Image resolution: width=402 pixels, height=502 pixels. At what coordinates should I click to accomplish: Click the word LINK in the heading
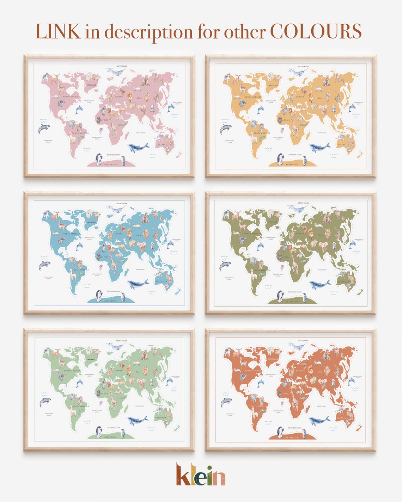[58, 31]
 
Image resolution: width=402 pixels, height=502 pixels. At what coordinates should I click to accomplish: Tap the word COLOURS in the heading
[316, 31]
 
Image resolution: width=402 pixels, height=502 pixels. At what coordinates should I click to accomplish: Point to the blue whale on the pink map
[138, 147]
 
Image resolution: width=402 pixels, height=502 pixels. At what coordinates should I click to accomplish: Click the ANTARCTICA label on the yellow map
[292, 164]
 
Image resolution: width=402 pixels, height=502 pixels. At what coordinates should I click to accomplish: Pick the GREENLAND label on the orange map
[273, 359]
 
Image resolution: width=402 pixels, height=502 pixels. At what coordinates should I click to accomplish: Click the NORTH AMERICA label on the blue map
[72, 234]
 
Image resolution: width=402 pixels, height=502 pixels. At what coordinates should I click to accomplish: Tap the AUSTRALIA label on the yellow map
[343, 144]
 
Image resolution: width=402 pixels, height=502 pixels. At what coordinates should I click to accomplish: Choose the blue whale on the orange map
[319, 420]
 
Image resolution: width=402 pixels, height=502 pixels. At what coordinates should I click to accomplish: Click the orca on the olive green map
[225, 266]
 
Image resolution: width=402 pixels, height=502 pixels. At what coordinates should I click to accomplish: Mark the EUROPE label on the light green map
[118, 371]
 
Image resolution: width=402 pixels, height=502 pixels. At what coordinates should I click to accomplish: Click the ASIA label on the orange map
[319, 372]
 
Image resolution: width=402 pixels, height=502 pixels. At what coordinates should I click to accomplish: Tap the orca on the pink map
[44, 129]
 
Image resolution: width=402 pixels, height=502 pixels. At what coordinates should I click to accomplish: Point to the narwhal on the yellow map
[297, 72]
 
